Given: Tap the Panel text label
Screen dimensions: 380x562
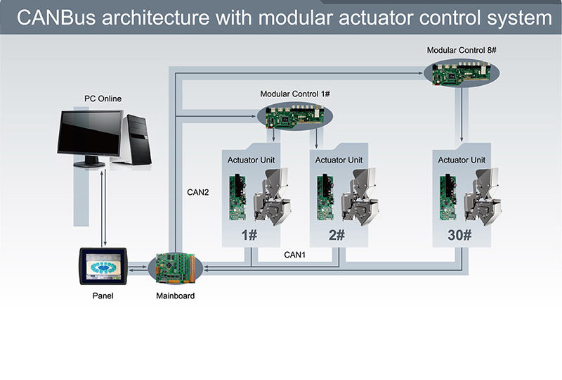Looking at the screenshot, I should pos(103,296).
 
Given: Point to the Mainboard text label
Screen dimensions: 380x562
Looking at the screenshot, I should pos(175,296).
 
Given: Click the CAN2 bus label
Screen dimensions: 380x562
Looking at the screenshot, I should pos(197,191).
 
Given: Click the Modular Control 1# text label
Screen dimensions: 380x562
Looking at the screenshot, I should pos(290,94).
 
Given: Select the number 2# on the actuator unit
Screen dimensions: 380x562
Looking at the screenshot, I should pos(336,235).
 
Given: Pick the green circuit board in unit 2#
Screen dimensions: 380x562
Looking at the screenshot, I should pos(324,196).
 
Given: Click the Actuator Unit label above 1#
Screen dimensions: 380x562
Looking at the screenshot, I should pos(251,160).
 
